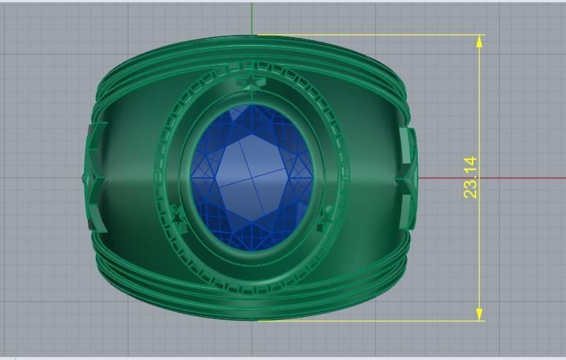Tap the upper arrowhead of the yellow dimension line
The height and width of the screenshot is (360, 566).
coord(480,41)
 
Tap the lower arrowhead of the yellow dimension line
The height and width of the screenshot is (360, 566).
coord(480,313)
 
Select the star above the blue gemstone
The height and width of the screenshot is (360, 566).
coord(251,83)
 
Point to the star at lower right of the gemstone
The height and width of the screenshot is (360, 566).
coord(326,214)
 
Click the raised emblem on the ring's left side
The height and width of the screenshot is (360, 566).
coord(93,177)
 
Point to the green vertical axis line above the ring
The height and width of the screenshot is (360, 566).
coord(253,18)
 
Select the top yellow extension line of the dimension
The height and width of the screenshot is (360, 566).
coord(365,35)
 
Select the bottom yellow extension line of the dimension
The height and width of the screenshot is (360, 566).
coord(365,320)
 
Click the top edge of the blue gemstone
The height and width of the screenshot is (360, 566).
coord(251,107)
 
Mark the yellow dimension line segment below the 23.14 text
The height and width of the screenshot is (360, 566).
coord(480,256)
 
